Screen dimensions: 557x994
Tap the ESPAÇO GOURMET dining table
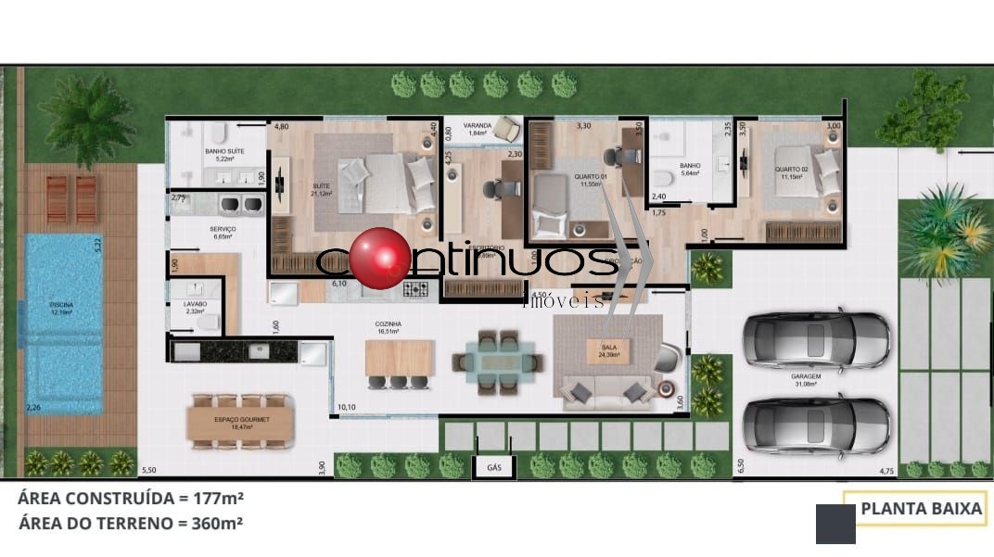click(239, 423)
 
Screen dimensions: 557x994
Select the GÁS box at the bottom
click(493, 468)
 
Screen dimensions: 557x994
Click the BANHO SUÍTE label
click(223, 154)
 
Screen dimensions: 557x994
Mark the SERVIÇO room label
click(223, 232)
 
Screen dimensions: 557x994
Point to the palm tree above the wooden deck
click(87, 120)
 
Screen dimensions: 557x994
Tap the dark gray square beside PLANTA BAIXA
click(835, 524)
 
